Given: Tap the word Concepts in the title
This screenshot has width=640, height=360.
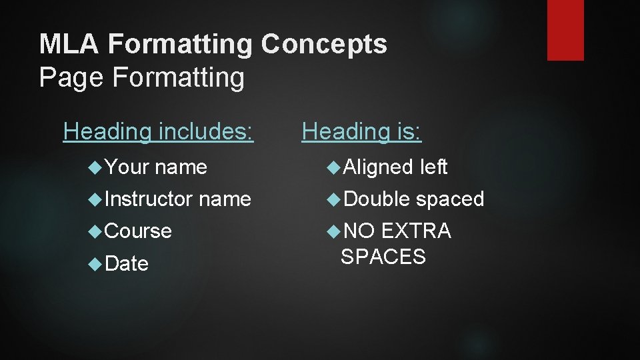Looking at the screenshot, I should tap(324, 45).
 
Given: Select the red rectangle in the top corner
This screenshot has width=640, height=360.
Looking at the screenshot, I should tap(565, 29).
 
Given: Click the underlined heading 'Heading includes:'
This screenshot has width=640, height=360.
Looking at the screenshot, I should tap(159, 132).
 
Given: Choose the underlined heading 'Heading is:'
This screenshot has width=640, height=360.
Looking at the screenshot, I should tap(361, 132).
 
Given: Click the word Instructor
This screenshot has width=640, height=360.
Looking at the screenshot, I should tap(149, 199).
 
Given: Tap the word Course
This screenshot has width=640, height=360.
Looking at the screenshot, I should tap(139, 231).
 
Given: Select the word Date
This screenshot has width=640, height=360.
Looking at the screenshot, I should tap(127, 264).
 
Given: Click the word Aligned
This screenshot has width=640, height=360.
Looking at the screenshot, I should tap(377, 167).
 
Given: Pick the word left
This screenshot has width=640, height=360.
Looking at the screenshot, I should tap(434, 167).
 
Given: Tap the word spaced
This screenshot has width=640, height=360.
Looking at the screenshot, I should tap(451, 199).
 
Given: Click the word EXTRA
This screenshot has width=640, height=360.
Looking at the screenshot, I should tap(416, 231).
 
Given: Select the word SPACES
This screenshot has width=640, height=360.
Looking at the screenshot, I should tap(383, 257).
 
